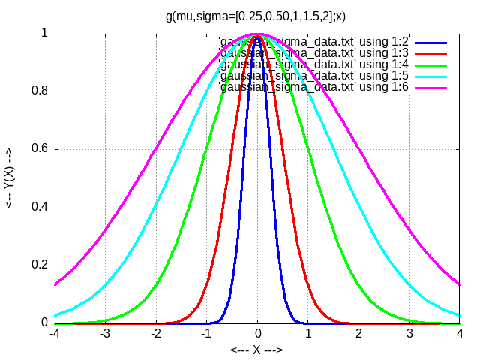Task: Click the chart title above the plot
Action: coord(256,15)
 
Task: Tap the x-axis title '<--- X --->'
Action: coord(256,349)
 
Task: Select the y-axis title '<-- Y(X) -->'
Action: coord(9,178)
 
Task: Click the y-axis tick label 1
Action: coord(45,34)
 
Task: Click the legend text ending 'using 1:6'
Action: coord(313,87)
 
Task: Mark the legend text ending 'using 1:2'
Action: coord(313,40)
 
